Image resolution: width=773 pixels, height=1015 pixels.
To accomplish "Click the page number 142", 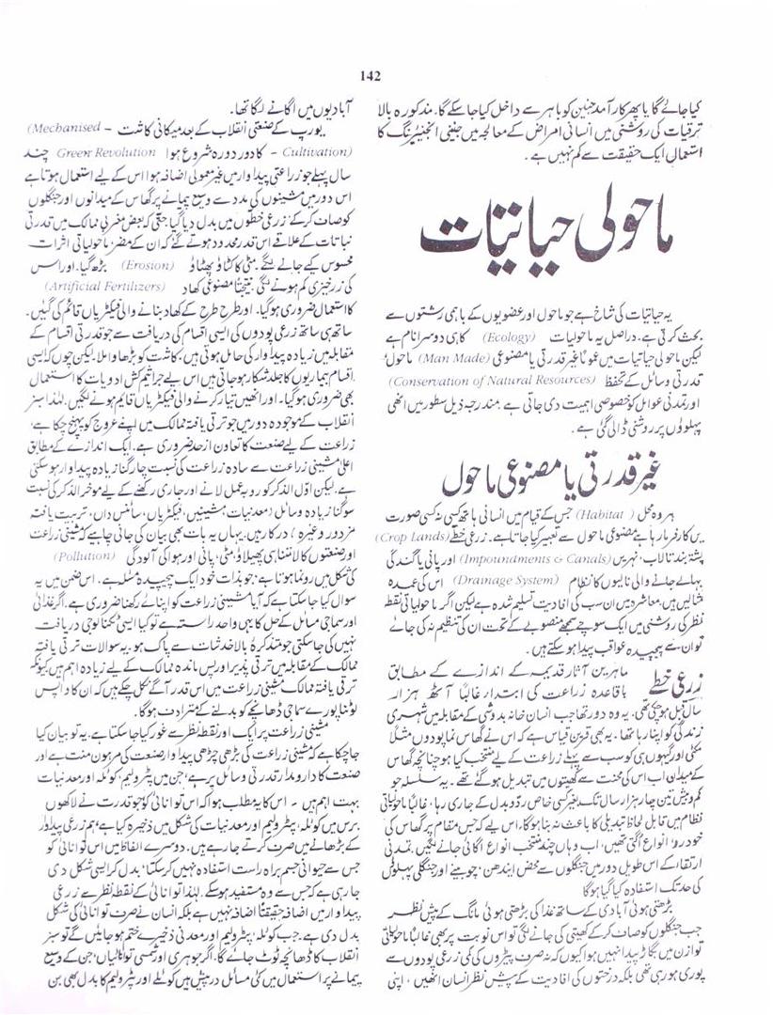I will click(x=368, y=77).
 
